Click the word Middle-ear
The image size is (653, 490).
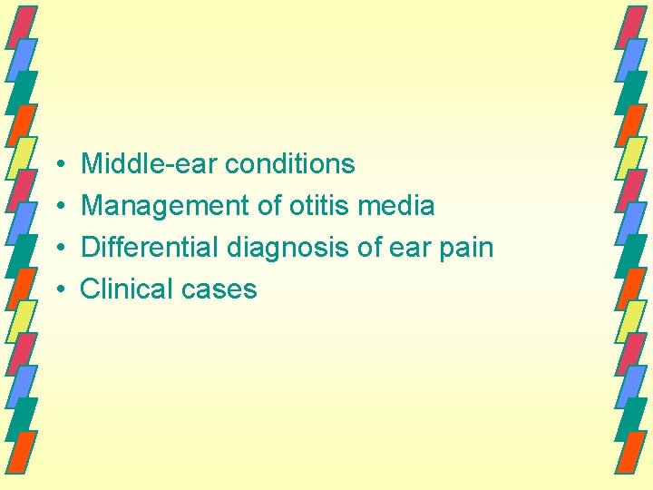[149, 164]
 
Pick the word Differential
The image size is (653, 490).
[150, 248]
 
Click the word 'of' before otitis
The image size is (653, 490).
[269, 206]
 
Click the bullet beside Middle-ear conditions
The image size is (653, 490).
[58, 165]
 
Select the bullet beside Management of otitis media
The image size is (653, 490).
[58, 207]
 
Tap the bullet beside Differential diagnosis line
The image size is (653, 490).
[58, 249]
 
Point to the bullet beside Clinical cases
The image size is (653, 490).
[58, 290]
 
